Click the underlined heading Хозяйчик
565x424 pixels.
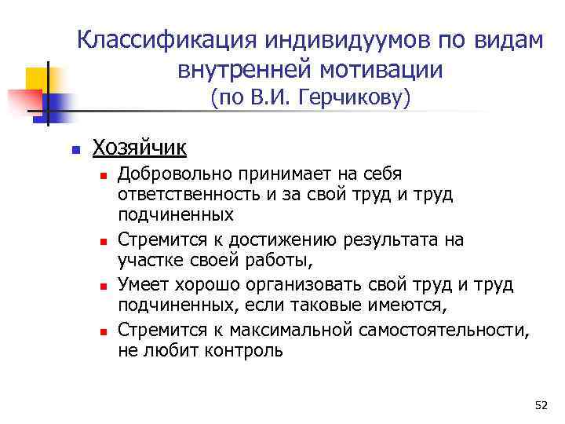pos(140,147)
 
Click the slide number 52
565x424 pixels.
pos(541,405)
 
